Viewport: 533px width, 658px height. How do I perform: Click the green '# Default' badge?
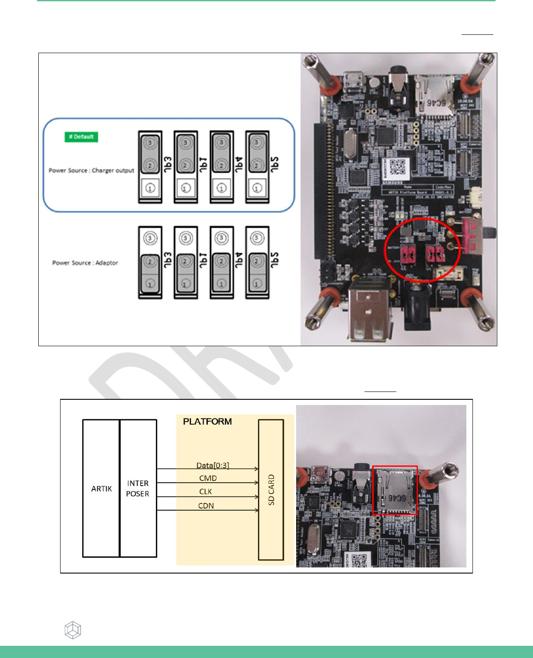click(x=81, y=137)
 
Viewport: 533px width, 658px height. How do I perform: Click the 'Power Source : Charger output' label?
click(x=91, y=170)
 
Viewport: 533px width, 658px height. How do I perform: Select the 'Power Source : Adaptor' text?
click(x=85, y=263)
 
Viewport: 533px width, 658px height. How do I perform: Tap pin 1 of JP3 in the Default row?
click(x=150, y=189)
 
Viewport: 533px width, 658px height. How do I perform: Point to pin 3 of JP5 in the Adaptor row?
click(x=257, y=238)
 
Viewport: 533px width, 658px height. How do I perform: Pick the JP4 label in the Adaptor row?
click(x=239, y=260)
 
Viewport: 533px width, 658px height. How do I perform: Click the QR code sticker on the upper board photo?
click(x=396, y=168)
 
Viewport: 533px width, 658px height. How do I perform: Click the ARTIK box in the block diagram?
click(x=101, y=488)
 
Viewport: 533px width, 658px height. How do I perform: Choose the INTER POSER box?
click(x=138, y=488)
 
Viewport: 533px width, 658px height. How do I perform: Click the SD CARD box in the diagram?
click(x=271, y=489)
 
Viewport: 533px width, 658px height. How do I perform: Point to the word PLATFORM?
click(x=207, y=422)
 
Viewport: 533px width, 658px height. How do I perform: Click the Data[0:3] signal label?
click(x=213, y=465)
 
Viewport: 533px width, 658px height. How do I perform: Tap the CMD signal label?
click(x=208, y=478)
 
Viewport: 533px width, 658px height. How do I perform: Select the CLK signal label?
click(x=206, y=492)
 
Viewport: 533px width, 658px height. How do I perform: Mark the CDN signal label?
click(x=206, y=506)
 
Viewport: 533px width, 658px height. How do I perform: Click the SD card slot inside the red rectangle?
click(x=395, y=490)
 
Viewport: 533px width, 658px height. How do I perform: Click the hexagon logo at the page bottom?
click(x=73, y=630)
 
